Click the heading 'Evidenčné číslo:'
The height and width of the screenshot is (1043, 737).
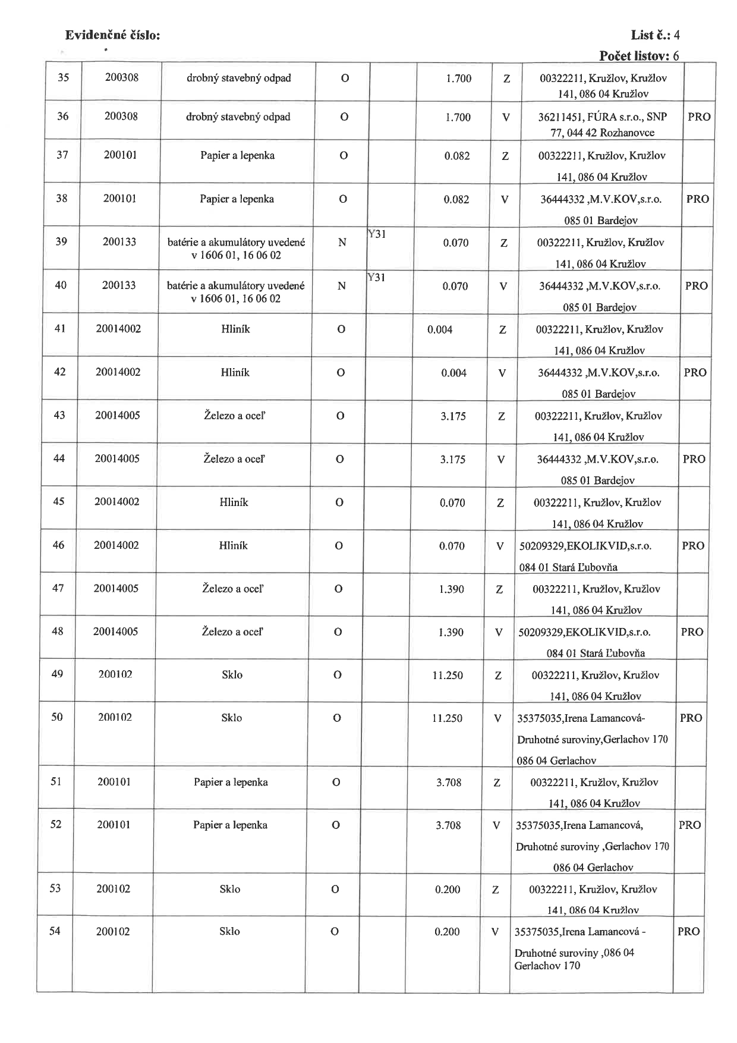coord(112,35)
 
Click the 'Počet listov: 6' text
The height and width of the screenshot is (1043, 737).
coord(639,56)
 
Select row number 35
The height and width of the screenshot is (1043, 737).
coord(63,77)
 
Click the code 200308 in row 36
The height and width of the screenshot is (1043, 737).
coord(121,116)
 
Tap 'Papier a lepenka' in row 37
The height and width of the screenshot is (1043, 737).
coord(237,155)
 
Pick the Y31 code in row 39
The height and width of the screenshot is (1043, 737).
coord(377,234)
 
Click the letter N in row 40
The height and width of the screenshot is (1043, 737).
coord(342,286)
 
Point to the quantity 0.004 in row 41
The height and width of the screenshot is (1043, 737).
coord(440,329)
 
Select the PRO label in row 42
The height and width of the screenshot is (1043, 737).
coord(695,372)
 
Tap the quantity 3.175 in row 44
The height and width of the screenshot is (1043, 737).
coord(453,459)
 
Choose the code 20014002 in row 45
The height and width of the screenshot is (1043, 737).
coord(116,501)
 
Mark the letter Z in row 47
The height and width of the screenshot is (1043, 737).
coord(499,589)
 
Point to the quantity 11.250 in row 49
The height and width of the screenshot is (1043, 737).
coord(447,675)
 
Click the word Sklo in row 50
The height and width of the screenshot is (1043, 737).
coord(232,718)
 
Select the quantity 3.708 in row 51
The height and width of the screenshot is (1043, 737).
coord(449,782)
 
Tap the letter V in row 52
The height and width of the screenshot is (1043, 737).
coord(496,825)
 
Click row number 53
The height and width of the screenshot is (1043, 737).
coord(55,888)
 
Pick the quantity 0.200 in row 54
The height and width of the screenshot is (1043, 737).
coord(448,932)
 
